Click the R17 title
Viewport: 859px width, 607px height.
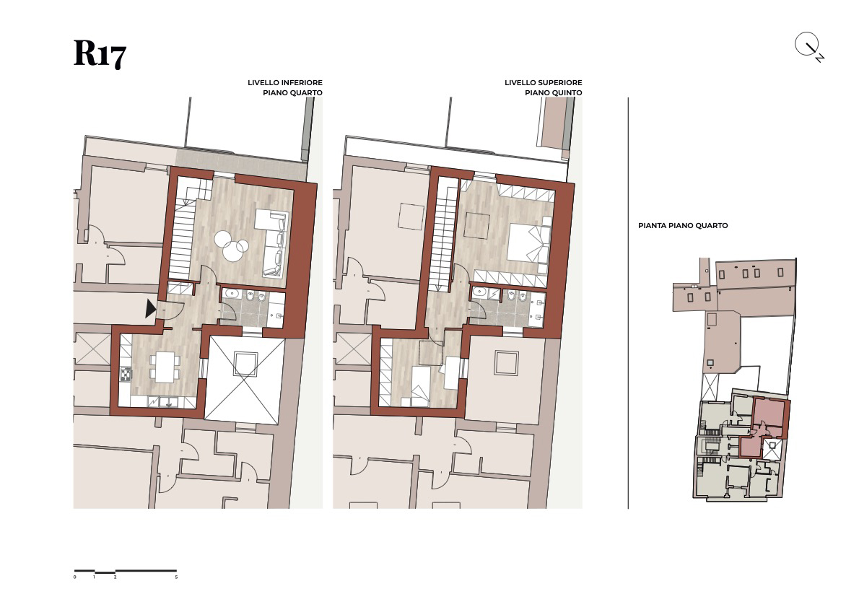[100, 53]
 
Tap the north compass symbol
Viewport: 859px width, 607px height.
[809, 47]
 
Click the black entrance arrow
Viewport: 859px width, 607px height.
[151, 308]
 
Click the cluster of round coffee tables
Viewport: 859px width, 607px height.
[231, 245]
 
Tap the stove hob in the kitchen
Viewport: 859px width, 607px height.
[126, 375]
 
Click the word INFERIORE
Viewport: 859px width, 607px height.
[302, 83]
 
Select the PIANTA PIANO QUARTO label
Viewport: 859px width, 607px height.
[683, 225]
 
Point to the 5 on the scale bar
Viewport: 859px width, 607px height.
[176, 577]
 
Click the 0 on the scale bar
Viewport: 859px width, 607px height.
[75, 577]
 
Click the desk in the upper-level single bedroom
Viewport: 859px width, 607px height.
[452, 372]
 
